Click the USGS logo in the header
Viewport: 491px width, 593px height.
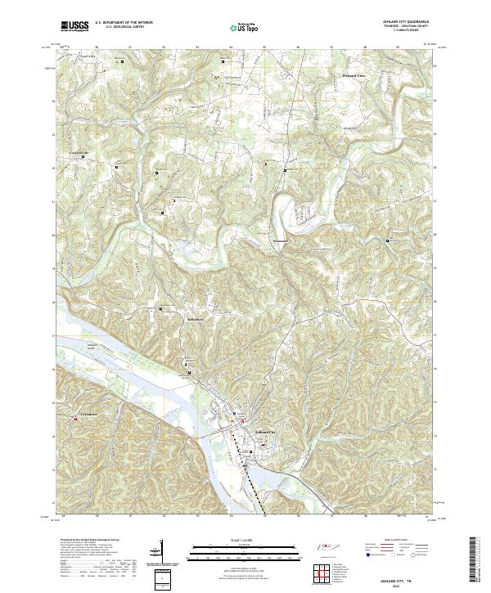[74, 27]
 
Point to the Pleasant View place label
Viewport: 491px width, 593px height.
[354, 74]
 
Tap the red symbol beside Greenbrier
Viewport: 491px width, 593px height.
[75, 420]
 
